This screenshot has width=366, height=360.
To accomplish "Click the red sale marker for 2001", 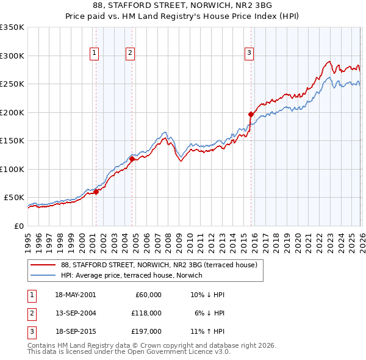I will tap(96, 192).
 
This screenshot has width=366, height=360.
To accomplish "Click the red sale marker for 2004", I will tap(132, 159).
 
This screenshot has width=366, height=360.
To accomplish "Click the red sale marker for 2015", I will tap(251, 114).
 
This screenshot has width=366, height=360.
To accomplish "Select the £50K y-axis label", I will tap(13, 198).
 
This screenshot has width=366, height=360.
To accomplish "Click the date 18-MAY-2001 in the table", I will tap(75, 295).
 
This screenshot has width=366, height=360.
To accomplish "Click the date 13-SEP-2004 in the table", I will tap(75, 312).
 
